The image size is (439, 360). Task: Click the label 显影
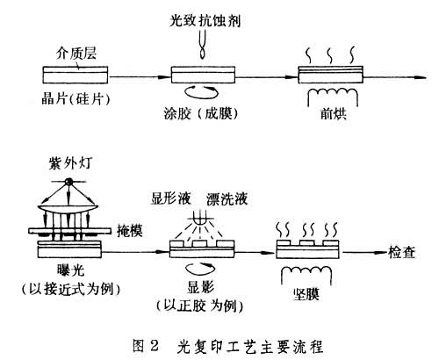tap(202, 288)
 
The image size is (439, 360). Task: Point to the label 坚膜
tap(306, 296)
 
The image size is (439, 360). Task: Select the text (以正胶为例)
tap(200, 305)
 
